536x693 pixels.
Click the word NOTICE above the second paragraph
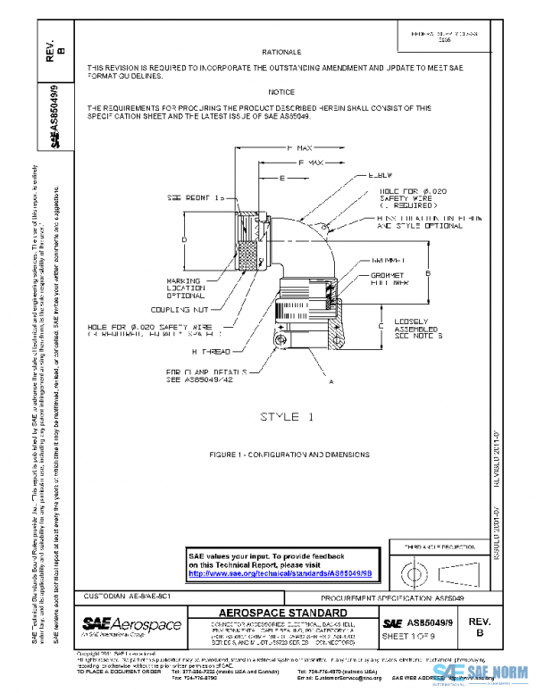[x=281, y=92]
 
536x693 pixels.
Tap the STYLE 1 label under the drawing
[x=287, y=417]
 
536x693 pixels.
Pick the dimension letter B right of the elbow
[x=429, y=271]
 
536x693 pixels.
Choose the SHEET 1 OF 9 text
[x=407, y=635]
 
